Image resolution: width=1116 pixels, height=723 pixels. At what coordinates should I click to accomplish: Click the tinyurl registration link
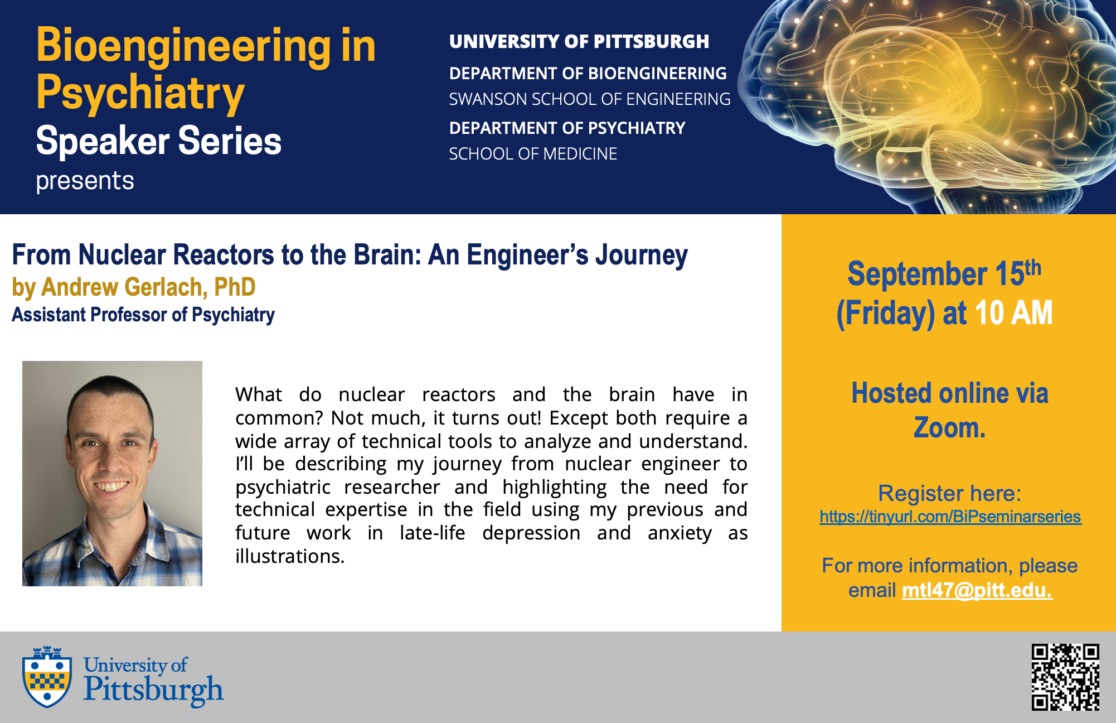click(950, 517)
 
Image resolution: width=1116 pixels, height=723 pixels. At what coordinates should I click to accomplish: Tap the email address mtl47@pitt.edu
click(977, 590)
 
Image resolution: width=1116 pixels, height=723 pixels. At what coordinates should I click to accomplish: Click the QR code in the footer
click(1065, 677)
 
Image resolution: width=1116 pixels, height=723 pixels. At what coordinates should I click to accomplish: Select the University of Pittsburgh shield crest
click(47, 677)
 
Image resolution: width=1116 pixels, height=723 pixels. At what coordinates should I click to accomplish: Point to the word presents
click(85, 181)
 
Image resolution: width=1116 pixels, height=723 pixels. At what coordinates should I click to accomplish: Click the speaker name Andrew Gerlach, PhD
click(148, 287)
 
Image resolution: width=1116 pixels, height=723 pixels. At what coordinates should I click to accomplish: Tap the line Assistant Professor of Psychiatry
click(143, 315)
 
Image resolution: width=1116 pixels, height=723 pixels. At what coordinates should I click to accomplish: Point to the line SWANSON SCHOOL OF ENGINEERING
click(590, 99)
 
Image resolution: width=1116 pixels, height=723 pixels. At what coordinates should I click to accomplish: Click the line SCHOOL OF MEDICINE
click(533, 154)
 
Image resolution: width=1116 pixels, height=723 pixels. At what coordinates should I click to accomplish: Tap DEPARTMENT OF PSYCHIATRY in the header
click(567, 128)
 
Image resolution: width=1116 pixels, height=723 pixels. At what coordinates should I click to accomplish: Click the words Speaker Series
click(159, 140)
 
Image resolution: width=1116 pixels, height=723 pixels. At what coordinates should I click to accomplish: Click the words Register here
click(949, 493)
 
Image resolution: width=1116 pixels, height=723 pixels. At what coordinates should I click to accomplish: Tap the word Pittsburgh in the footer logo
click(154, 690)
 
